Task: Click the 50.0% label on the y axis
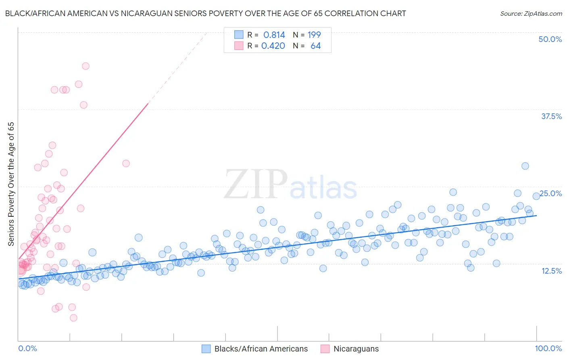550,39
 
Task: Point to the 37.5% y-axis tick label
551,116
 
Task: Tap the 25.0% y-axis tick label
551,193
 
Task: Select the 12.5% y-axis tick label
551,271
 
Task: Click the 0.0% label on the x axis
27,348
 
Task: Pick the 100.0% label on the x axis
548,348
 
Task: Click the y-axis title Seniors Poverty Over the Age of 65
11,184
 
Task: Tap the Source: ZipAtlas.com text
531,13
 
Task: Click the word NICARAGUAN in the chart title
149,13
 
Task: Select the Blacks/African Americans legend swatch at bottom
206,349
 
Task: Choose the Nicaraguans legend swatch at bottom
325,349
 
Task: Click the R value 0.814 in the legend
274,35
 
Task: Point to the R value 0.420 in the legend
273,46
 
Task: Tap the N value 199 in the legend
314,35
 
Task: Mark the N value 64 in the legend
315,46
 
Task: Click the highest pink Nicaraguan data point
85,66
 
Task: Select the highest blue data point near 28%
525,166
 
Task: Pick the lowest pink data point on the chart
73,318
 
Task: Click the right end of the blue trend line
536,216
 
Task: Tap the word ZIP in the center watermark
255,184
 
